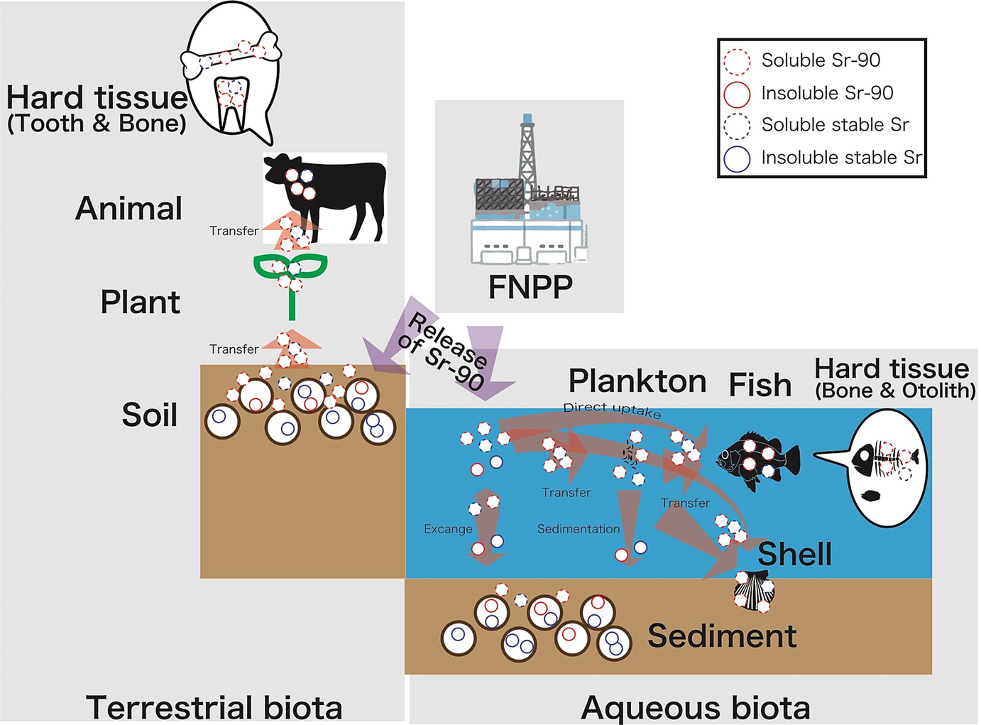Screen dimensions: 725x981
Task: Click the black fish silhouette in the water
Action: pyautogui.click(x=757, y=459)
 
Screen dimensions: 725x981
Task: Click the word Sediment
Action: pyautogui.click(x=722, y=636)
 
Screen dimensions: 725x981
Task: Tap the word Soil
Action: pyautogui.click(x=149, y=415)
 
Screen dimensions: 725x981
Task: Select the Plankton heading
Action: pyautogui.click(x=637, y=381)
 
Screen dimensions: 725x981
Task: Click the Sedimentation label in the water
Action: pyautogui.click(x=578, y=529)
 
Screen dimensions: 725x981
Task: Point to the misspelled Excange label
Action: pyautogui.click(x=448, y=529)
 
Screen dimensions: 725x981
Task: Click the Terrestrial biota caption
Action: pyautogui.click(x=214, y=707)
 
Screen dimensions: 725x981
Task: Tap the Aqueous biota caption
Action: pyautogui.click(x=695, y=708)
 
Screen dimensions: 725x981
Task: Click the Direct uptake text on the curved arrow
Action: pyautogui.click(x=612, y=410)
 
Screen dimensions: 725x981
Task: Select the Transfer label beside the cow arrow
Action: pyautogui.click(x=234, y=231)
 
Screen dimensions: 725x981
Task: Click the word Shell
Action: pyautogui.click(x=794, y=554)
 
